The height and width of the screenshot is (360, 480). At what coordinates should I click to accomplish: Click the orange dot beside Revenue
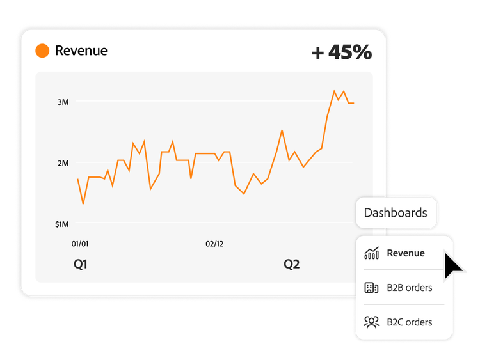click(x=42, y=51)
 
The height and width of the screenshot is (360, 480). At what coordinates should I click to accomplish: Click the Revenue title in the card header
click(x=81, y=51)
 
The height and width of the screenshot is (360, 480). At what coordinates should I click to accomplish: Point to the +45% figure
click(x=341, y=52)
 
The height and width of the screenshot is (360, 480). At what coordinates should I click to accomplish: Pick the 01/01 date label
click(x=80, y=244)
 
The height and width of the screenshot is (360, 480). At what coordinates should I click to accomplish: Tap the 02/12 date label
click(x=214, y=244)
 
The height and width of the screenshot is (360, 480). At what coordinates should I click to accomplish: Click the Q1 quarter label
click(x=81, y=264)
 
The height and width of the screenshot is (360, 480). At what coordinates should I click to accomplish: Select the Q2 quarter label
click(x=292, y=264)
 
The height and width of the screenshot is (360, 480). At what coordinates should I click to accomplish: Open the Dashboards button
click(x=396, y=213)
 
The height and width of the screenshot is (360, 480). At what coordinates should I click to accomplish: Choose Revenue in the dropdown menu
click(x=405, y=253)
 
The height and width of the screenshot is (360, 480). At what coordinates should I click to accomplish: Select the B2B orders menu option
click(x=409, y=288)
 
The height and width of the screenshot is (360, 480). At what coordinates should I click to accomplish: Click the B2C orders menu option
click(x=409, y=322)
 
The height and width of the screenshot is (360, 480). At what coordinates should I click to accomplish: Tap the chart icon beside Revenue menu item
click(x=371, y=253)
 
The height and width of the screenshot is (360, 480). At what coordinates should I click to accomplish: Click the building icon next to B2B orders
click(x=371, y=288)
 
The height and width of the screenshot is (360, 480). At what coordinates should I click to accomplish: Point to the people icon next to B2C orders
click(x=371, y=322)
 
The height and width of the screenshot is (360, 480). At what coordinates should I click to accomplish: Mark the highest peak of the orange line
click(x=334, y=91)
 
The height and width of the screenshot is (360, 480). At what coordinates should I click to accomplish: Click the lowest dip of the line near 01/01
click(x=83, y=203)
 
